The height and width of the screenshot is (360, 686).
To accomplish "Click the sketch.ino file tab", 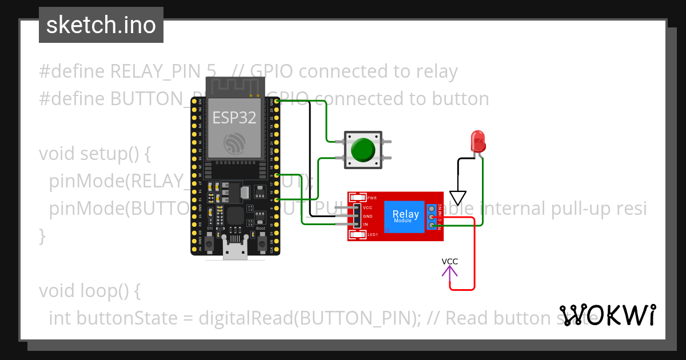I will click(101, 25).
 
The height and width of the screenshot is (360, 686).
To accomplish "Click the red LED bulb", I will click(477, 140).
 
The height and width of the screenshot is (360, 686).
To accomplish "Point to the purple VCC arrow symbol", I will click(450, 272).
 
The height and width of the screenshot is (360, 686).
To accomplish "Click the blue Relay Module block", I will click(405, 217).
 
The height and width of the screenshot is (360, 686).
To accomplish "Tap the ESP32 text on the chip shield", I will click(234, 118).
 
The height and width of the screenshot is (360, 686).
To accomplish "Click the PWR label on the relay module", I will click(372, 198).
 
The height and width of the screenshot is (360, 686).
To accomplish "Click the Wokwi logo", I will click(607, 315).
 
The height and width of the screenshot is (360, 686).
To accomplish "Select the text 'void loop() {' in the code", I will click(89, 290).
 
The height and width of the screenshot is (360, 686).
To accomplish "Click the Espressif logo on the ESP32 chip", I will click(234, 143).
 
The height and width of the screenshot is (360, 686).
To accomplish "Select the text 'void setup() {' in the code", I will click(94, 154).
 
